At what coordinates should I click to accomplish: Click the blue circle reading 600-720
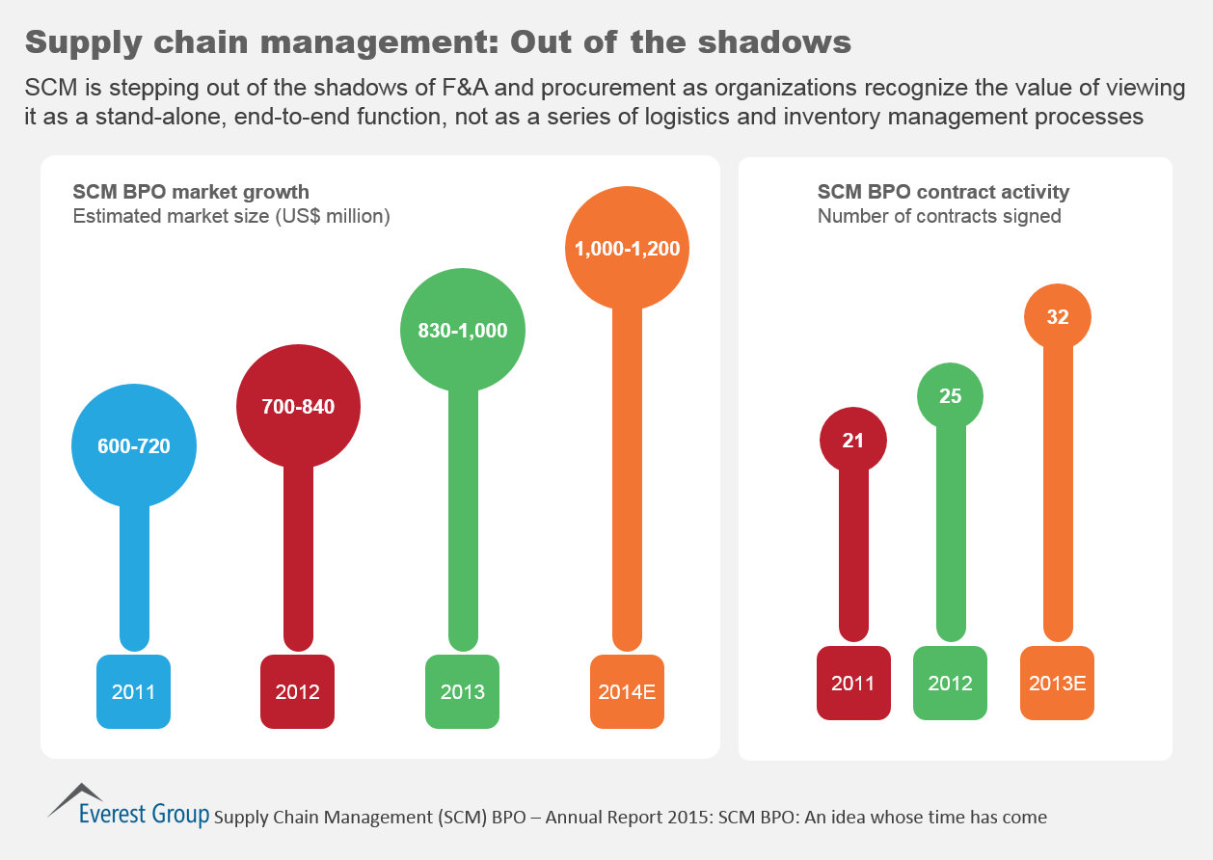[134, 446]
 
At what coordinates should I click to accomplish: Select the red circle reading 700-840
[298, 406]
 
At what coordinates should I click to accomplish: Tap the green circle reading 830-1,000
[462, 330]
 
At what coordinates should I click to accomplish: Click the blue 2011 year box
[134, 691]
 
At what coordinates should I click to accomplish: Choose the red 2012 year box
[298, 691]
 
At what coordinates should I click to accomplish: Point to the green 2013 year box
[462, 691]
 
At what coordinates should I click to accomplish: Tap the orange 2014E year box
[627, 691]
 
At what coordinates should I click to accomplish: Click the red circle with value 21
[853, 440]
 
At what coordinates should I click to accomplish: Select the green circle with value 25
[950, 395]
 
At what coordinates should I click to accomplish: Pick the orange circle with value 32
[1058, 316]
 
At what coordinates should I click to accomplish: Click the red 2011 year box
[853, 683]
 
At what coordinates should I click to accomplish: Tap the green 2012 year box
[950, 683]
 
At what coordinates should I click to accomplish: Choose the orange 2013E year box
[1058, 683]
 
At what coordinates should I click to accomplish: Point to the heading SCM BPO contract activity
[943, 192]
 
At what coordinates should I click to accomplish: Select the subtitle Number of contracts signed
[939, 216]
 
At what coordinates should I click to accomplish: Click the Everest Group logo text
[143, 814]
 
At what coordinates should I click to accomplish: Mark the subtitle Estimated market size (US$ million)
[231, 216]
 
